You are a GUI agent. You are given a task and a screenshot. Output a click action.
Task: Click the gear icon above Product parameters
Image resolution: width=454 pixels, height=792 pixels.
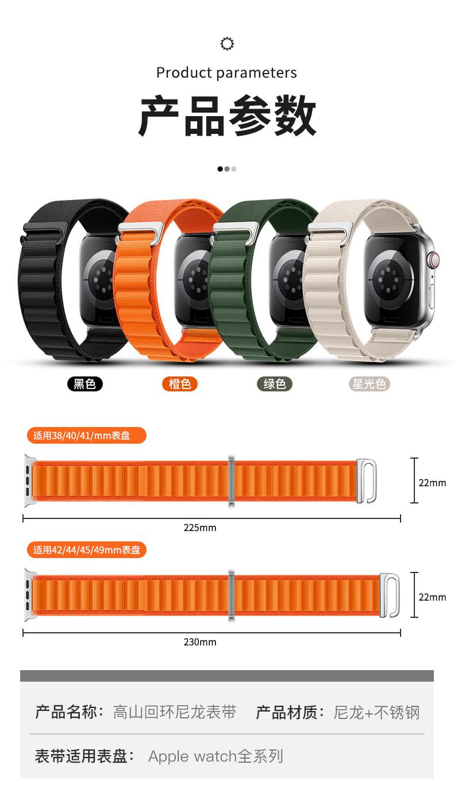pos(227,44)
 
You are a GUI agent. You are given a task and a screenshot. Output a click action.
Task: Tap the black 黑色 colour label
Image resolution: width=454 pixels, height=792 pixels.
pos(85,383)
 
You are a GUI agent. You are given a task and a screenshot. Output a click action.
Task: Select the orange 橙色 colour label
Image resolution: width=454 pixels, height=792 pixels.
pos(180,383)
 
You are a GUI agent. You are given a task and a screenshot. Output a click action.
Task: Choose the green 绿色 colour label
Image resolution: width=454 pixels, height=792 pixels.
pos(275,383)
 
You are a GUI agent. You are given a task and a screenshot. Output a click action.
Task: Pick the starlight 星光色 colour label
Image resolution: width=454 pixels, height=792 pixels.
pos(370,383)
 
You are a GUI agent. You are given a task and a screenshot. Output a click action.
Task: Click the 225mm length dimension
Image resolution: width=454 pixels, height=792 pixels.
pos(200,527)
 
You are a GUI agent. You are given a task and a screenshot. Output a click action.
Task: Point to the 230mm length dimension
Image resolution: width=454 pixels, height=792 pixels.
pos(200,642)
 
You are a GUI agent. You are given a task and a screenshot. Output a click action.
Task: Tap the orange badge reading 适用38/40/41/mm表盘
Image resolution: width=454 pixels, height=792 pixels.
pos(86,435)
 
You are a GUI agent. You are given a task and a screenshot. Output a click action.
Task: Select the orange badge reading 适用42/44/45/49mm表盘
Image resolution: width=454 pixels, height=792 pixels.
pos(86,550)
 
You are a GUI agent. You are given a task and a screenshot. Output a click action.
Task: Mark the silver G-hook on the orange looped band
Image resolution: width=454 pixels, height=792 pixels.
pos(141,228)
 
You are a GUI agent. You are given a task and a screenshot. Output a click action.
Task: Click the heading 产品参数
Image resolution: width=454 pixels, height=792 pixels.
pos(227,117)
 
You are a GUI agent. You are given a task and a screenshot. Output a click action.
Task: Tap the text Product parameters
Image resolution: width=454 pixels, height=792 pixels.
pos(227,73)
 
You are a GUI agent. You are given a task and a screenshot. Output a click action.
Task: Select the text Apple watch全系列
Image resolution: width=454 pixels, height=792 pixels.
pos(216,756)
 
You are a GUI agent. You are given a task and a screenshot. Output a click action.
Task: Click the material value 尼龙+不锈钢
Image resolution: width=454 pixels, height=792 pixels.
pos(376,713)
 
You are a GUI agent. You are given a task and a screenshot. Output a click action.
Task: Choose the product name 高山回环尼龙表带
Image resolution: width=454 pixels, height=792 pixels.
pos(175,713)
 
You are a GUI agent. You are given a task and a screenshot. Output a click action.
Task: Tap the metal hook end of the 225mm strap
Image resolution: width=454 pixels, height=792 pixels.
pos(367,480)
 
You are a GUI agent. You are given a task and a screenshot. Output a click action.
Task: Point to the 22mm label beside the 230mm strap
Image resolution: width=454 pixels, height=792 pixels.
pos(432,597)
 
